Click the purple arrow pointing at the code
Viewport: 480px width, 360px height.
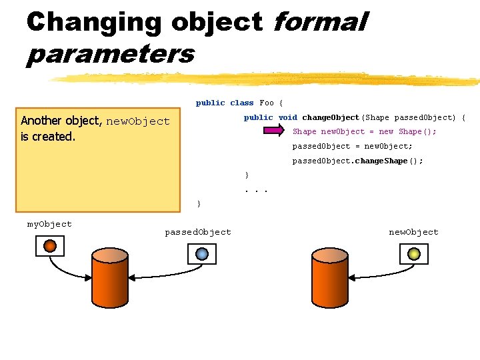coord(271,131)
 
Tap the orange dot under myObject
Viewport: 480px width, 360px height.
coord(50,246)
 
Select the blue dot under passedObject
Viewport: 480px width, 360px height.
coord(202,253)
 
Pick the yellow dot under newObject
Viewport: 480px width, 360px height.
coord(413,253)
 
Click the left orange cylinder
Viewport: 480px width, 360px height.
coord(110,279)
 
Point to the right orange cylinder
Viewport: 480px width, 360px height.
coord(329,279)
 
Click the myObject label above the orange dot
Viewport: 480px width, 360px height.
coord(49,224)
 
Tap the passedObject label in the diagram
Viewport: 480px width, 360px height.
coord(198,232)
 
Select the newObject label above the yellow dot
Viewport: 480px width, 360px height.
coord(413,232)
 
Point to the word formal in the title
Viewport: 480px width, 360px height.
coord(319,22)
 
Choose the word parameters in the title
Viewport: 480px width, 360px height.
coord(110,53)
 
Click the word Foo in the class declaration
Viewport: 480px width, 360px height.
coord(267,103)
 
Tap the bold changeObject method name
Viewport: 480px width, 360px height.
coord(330,117)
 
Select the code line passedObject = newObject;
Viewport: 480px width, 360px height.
coord(353,146)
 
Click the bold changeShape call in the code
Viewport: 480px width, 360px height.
coord(380,161)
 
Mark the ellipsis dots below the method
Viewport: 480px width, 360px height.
coord(256,189)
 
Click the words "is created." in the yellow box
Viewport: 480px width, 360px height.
coord(48,137)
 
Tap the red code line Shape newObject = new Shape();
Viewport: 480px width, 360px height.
coord(365,131)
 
